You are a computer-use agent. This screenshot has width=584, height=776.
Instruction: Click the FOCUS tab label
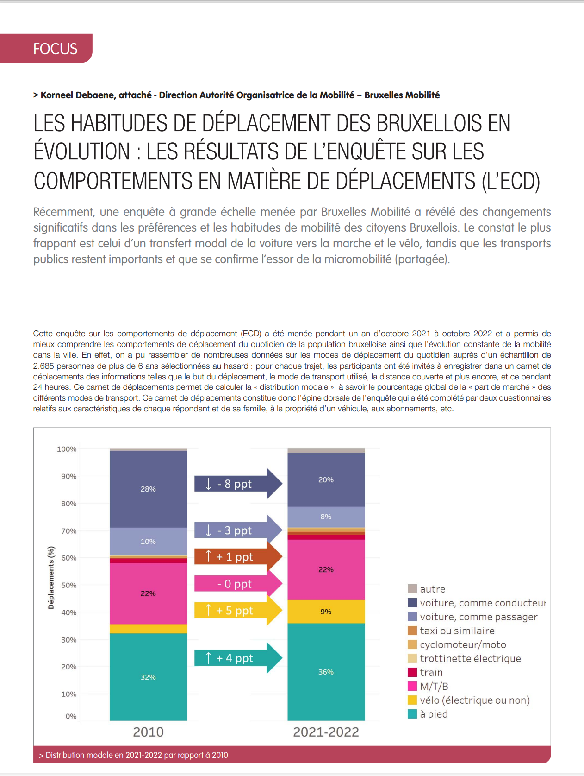click(55, 49)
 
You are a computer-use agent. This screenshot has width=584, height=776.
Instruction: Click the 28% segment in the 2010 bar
click(148, 489)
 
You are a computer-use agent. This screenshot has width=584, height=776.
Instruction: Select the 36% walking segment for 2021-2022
click(326, 672)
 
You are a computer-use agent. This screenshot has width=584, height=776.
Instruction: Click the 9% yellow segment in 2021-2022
click(326, 612)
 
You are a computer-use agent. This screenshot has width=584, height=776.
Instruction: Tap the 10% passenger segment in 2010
click(148, 541)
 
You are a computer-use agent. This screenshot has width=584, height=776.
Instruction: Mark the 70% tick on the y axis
click(68, 531)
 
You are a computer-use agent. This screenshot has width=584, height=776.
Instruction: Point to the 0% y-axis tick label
click(71, 716)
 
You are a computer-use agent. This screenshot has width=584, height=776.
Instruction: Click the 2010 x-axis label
click(148, 732)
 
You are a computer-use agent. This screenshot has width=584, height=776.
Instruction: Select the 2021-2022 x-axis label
click(326, 732)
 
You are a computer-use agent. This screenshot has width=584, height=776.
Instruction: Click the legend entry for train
click(431, 672)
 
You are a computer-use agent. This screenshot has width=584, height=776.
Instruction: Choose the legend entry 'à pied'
click(433, 714)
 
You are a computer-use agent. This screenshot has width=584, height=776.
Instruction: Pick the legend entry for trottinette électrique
click(470, 658)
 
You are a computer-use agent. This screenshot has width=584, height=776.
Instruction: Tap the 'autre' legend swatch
click(412, 589)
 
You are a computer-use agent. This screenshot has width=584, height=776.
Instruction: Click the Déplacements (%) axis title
click(51, 577)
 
